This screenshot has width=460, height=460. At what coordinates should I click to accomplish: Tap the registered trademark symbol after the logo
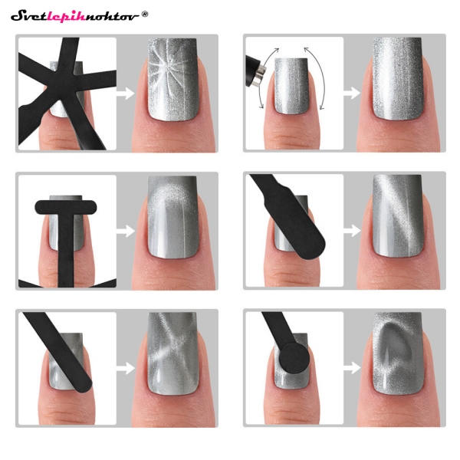point(146,13)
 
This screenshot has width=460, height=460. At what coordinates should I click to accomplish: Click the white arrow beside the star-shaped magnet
point(125,93)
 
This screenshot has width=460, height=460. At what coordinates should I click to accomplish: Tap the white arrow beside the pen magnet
point(352,93)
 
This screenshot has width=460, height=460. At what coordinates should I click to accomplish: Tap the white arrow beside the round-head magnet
point(352,367)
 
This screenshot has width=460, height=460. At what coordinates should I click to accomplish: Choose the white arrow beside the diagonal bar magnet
point(125,367)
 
